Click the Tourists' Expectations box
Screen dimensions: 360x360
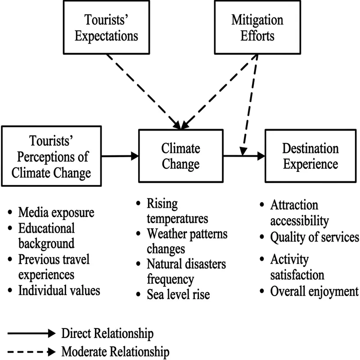(112, 28)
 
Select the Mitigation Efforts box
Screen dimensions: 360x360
(257, 28)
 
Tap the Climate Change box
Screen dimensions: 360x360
(181, 156)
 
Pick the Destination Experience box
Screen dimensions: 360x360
(310, 156)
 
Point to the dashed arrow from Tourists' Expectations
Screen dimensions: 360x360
(144, 90)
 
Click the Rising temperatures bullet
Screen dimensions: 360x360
(177, 211)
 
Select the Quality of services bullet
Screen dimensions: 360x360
(314, 237)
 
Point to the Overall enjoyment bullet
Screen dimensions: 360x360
(314, 291)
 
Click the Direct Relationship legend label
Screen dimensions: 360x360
(107, 334)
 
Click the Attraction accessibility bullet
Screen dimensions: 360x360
(300, 213)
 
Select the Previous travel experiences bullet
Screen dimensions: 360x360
(54, 266)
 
